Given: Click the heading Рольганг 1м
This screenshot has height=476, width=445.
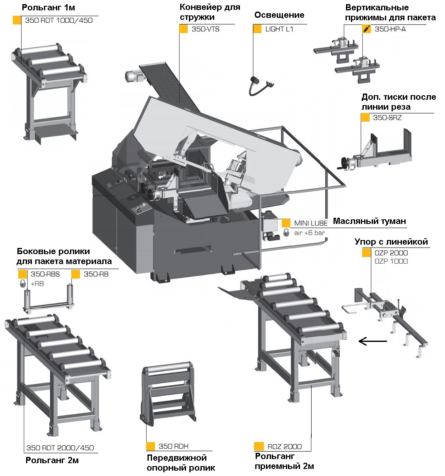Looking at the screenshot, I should click(x=43, y=7).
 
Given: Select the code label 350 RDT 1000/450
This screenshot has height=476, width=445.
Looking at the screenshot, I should click(x=58, y=20).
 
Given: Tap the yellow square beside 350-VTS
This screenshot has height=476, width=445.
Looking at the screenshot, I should click(x=183, y=29).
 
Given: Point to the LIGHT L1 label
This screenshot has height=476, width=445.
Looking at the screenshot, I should click(x=279, y=29).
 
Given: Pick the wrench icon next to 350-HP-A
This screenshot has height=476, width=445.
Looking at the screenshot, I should click(x=366, y=29).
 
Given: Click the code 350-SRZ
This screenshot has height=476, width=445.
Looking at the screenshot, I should click(x=387, y=118).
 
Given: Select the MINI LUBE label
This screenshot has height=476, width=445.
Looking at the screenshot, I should click(x=311, y=223).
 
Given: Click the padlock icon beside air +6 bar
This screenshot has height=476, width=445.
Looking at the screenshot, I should click(x=286, y=233).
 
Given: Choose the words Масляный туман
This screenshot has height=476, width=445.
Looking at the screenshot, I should click(x=369, y=221).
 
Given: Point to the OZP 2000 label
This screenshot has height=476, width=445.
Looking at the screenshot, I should click(x=391, y=253).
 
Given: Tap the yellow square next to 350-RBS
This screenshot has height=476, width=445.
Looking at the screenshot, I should click(x=22, y=274).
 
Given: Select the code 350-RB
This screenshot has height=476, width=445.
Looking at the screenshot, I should click(x=96, y=274).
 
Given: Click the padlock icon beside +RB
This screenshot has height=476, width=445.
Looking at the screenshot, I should click(x=22, y=284).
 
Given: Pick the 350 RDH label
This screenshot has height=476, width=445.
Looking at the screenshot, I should click(x=173, y=446).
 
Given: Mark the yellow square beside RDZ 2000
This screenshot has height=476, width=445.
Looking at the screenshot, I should click(x=259, y=446).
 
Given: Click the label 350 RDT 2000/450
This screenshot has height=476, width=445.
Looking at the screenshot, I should click(x=60, y=448).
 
